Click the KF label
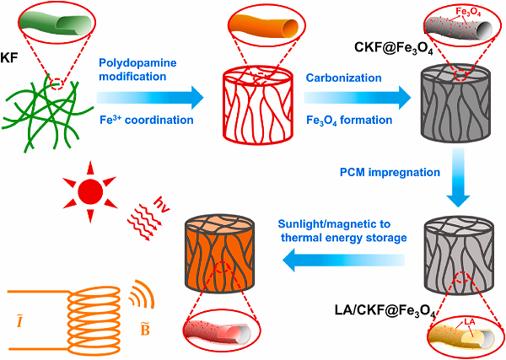[x=9, y=58]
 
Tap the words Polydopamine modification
[x=137, y=69]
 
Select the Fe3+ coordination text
[x=146, y=120]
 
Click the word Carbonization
[x=344, y=78]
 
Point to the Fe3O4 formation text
[x=349, y=121]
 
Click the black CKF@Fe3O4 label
[x=393, y=48]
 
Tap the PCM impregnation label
[x=390, y=172]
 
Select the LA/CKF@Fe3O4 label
[x=385, y=312]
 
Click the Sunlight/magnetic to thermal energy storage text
[x=342, y=231]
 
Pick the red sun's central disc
[x=90, y=192]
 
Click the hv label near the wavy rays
[x=162, y=205]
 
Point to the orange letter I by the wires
[x=19, y=320]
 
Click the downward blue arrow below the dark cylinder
[x=458, y=177]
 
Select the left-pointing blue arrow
[x=343, y=260]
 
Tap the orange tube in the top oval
[x=266, y=24]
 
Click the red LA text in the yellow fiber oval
[x=470, y=322]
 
